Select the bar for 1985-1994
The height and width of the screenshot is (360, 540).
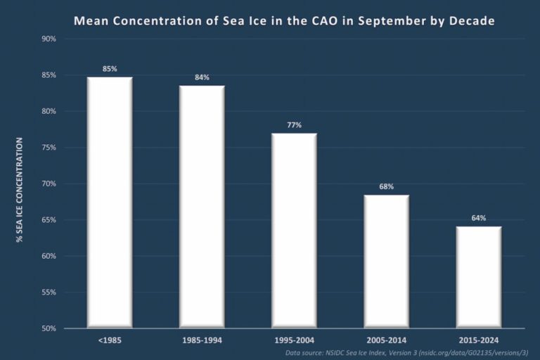(x=202, y=207)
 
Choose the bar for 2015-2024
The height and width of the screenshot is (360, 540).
(x=479, y=277)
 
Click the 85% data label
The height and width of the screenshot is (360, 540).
(x=109, y=68)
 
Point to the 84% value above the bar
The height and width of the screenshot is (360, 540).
(x=202, y=77)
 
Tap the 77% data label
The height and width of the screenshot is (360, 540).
(x=294, y=124)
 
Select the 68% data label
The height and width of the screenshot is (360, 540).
(x=386, y=186)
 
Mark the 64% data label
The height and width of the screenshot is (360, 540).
(x=479, y=218)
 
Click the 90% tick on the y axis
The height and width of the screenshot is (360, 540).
(x=49, y=39)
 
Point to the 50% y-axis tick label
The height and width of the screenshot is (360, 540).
(x=49, y=328)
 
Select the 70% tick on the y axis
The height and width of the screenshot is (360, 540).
(x=49, y=184)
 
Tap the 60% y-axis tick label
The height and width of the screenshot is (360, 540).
(x=49, y=256)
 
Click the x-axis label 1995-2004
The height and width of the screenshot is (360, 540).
(x=294, y=340)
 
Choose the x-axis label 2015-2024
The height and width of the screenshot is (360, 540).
(x=479, y=340)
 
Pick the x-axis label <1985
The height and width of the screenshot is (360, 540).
(x=109, y=340)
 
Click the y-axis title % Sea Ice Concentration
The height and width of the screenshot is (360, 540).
(x=20, y=191)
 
